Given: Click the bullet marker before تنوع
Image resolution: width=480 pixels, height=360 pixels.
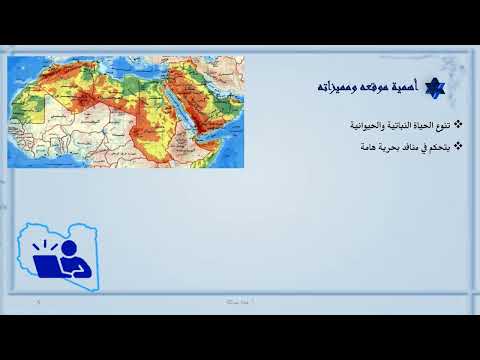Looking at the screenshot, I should (457, 125).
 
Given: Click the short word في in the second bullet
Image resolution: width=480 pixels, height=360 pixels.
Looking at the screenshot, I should (416, 147).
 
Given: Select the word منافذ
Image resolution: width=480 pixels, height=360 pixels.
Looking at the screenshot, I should (399, 147).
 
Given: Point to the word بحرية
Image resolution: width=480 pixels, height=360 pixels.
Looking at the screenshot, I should (375, 147).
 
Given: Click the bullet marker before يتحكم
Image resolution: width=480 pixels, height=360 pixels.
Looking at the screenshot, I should (457, 146).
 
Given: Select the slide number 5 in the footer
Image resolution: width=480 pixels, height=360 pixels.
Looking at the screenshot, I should (37, 300).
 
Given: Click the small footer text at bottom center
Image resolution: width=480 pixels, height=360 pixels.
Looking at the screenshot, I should (239, 300).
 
